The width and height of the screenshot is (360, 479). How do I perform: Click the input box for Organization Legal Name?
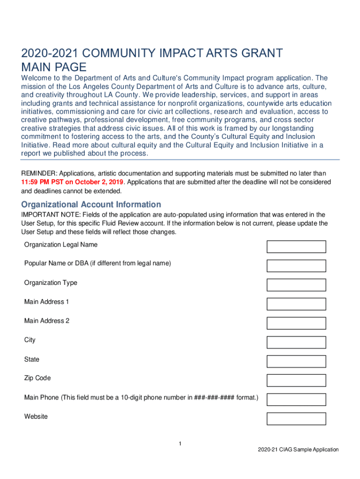click(296, 247)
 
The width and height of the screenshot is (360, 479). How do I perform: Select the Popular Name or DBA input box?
click(296, 266)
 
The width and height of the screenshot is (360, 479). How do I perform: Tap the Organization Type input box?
click(296, 285)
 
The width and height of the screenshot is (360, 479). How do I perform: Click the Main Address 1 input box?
click(296, 304)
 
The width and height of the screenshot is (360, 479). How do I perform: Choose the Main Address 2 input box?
click(296, 323)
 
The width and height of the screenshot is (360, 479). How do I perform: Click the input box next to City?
click(296, 342)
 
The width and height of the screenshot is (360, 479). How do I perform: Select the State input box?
click(296, 361)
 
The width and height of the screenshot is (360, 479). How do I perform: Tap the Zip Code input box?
click(296, 380)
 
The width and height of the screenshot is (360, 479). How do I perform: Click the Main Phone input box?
click(296, 399)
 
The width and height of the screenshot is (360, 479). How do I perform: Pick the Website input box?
click(296, 419)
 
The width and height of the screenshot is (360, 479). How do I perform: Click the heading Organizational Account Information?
click(91, 204)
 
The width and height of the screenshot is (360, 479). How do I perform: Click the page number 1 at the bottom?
click(180, 443)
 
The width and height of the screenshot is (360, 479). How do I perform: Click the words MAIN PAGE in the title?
click(54, 66)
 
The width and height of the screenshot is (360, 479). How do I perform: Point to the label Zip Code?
click(37, 378)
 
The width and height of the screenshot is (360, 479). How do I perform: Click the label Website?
click(36, 416)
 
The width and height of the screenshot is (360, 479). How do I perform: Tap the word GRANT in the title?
click(261, 53)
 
